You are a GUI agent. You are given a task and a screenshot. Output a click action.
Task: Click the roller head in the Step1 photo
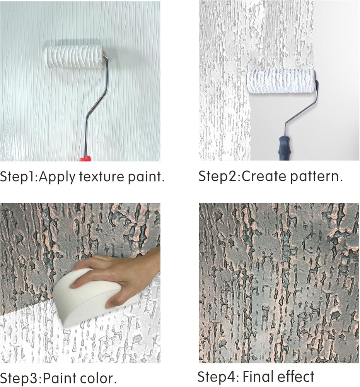point(73,57)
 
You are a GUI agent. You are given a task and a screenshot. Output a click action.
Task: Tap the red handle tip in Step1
point(85,158)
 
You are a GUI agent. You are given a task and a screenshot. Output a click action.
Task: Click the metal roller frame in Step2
point(302,108)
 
